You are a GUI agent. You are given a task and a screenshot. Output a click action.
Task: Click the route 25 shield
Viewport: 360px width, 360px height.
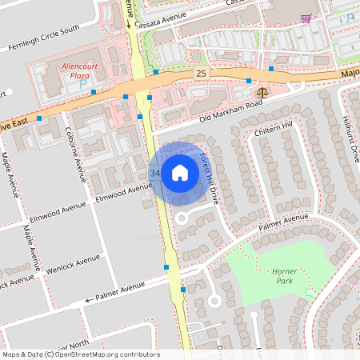click(200, 74)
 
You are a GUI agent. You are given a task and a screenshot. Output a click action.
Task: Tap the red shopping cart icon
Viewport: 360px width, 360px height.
click(305, 18)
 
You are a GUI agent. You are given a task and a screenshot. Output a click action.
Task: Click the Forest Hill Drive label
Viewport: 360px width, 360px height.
click(214, 178)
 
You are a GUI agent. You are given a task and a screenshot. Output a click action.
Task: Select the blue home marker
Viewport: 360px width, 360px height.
click(179, 172)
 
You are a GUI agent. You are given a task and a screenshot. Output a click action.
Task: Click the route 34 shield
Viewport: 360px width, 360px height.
click(154, 173)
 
